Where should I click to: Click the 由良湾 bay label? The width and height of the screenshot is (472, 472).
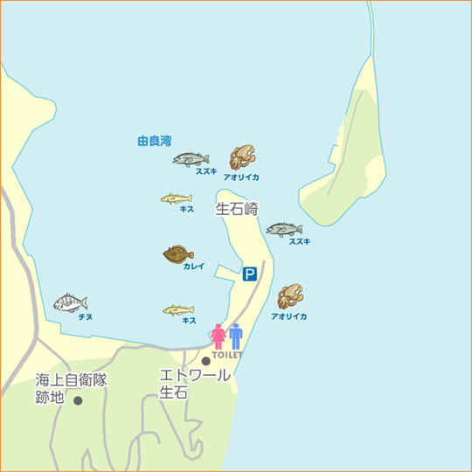click(x=154, y=140)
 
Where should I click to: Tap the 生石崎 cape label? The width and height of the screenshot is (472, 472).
click(x=237, y=209)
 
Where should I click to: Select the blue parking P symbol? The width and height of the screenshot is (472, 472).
click(x=250, y=274)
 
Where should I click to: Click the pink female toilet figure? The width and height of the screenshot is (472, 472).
click(x=218, y=337)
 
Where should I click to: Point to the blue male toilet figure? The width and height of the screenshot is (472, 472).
click(x=235, y=337)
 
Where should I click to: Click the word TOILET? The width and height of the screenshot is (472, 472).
click(x=226, y=355)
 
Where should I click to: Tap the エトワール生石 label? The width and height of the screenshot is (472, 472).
click(x=195, y=384)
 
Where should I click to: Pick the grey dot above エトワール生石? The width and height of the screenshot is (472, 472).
click(x=206, y=361)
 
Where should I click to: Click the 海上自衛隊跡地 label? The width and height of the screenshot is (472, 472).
click(x=71, y=389)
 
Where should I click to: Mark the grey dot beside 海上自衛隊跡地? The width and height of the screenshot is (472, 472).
click(x=78, y=401)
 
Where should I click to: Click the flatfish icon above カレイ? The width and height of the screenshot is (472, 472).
click(x=178, y=254)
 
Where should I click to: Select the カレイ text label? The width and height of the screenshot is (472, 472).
click(x=193, y=267)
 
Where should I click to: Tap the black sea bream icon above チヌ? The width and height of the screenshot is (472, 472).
click(x=70, y=302)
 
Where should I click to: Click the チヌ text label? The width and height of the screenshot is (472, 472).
click(x=86, y=316)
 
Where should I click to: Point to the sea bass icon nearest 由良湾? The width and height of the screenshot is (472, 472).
click(x=191, y=159)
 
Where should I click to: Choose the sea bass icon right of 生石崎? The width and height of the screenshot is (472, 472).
click(x=284, y=230)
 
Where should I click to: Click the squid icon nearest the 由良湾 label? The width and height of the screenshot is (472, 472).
click(x=242, y=157)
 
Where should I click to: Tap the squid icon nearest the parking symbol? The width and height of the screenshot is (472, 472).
click(x=289, y=296)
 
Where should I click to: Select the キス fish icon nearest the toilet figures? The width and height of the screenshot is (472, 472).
click(x=178, y=309)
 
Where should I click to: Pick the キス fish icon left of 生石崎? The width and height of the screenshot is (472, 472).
click(x=176, y=198)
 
